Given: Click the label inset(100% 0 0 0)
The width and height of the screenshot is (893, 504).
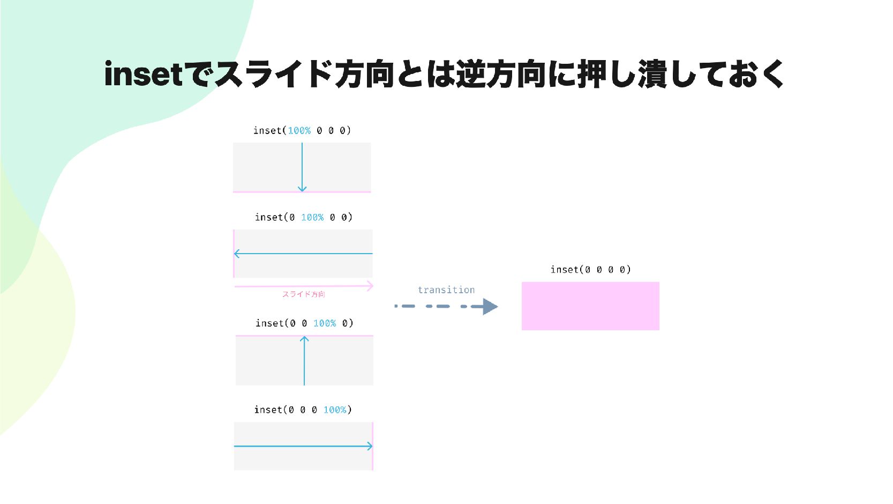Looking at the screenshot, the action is coord(302,130).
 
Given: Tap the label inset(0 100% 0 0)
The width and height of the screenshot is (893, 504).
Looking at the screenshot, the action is coord(303,217).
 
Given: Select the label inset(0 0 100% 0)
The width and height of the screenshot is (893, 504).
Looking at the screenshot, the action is coord(304,323).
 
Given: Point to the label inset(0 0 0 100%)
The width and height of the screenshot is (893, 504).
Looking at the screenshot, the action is coord(303,410).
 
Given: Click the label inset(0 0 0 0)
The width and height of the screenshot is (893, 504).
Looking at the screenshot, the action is coord(590,270).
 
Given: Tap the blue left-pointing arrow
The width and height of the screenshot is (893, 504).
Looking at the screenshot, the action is coord(303,254).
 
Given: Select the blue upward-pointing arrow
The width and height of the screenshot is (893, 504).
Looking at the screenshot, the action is coord(304,360).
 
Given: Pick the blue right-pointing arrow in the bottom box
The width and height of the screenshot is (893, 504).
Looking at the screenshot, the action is coord(303,446).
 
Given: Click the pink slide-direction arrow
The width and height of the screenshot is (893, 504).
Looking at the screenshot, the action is coord(303,286).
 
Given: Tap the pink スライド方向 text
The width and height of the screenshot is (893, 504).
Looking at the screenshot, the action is coord(304,294).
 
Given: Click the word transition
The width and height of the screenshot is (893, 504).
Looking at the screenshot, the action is coord(446,290).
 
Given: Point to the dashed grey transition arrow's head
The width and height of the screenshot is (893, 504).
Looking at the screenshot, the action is coord(490,307).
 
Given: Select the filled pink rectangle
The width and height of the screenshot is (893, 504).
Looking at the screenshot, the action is coord(590,306).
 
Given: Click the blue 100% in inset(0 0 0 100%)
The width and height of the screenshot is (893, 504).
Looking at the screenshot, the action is coord(335,410).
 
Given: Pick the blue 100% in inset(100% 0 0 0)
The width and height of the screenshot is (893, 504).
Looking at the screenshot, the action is coord(299,130).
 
